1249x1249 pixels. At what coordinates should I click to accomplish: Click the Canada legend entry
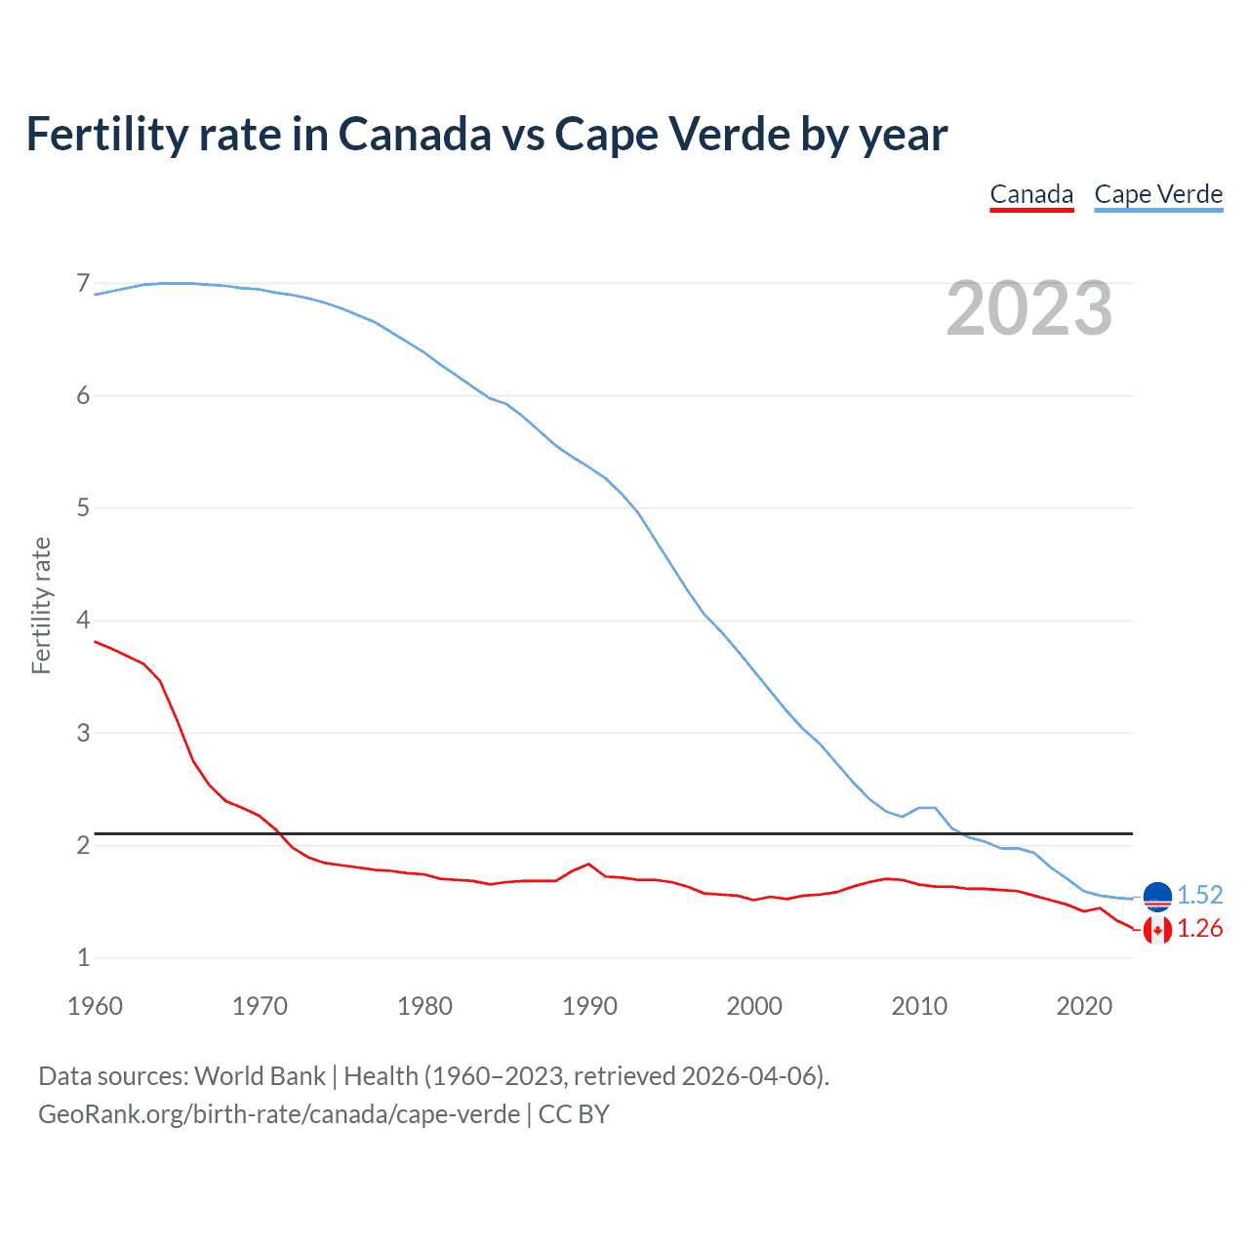[1031, 194]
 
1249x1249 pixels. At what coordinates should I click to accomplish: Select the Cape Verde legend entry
[1158, 194]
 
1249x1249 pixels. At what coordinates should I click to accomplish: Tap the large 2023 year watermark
[1028, 308]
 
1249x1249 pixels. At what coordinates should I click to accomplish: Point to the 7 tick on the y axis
[83, 284]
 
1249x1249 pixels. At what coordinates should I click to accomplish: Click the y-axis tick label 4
[83, 621]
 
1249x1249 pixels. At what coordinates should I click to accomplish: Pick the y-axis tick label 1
[83, 958]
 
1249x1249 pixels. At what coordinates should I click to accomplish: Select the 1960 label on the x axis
[95, 1006]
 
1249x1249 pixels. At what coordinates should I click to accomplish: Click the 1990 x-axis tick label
[589, 1006]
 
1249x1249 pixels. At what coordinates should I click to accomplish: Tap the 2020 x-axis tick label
[1084, 1006]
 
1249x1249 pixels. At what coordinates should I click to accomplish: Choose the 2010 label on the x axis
[919, 1006]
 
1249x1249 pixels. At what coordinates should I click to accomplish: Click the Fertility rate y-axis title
[41, 605]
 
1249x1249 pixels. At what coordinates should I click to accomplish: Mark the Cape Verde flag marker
[1157, 896]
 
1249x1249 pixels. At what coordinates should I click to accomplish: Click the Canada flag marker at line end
[1157, 930]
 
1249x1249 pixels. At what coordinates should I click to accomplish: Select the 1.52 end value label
[1199, 895]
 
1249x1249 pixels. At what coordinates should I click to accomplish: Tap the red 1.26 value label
[1199, 929]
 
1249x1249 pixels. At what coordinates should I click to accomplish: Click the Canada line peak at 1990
[588, 864]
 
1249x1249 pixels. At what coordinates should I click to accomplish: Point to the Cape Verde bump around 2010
[927, 808]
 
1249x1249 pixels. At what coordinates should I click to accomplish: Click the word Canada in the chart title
[415, 134]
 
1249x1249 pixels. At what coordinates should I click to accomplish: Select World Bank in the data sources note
[260, 1076]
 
